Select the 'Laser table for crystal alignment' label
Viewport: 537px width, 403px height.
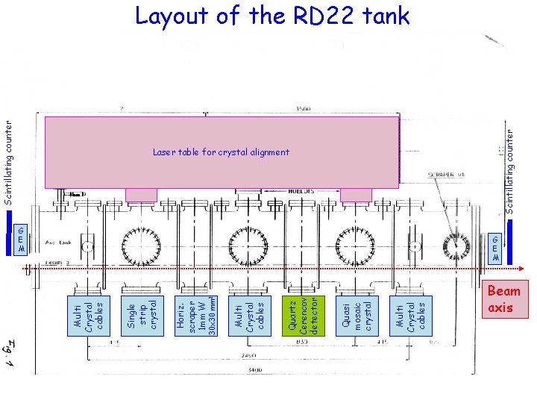pyautogui.click(x=221, y=152)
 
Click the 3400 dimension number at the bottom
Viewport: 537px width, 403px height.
pyautogui.click(x=256, y=369)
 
